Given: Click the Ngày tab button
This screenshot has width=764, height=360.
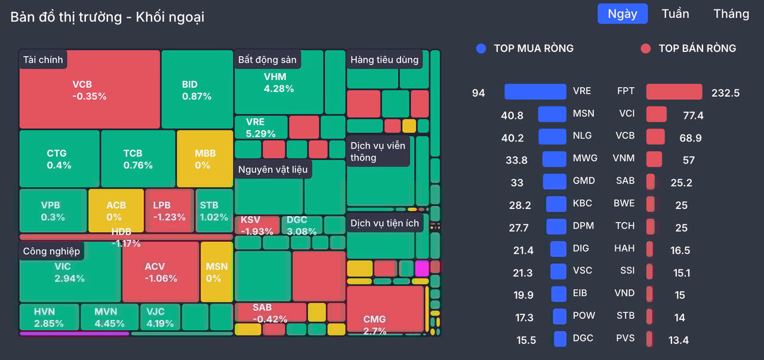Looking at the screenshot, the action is pos(623,14).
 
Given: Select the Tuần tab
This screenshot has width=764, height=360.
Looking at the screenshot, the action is pos(675,14).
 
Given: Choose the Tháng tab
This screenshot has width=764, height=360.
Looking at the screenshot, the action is pos(731,14).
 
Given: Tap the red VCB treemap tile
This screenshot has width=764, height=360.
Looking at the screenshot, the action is pos(90,90).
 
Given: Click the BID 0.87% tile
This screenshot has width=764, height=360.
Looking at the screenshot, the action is pos(197,90).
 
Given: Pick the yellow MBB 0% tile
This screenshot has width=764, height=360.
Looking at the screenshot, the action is pos(205,159).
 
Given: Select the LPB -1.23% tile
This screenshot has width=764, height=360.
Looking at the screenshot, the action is pos(169,211).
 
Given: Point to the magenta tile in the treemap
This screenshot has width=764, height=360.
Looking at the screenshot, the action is pos(422,268).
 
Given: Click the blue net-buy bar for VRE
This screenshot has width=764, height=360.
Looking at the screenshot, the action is pos(535,91).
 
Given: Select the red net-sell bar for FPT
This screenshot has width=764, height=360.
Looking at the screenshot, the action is pos(674,91).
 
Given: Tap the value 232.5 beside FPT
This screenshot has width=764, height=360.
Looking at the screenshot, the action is pos(725,93).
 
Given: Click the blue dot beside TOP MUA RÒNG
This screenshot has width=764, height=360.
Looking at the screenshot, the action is pos(481,48).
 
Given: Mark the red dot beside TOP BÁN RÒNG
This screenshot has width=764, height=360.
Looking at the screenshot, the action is pos(645,48).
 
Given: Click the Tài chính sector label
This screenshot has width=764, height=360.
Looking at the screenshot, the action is pos(43,60).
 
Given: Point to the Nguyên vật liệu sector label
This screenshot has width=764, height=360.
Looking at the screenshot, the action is pos(273,169).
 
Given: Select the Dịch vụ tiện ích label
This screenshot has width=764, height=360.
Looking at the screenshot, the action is pos(385,223).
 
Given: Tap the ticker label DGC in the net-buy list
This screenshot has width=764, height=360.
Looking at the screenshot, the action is pos(583,338).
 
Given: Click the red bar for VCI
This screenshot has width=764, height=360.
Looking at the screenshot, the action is pos(656,114).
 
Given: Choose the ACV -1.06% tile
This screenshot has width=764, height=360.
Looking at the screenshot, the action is pos(161,272).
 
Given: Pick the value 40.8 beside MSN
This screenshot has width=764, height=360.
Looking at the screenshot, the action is pos(512,115).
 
